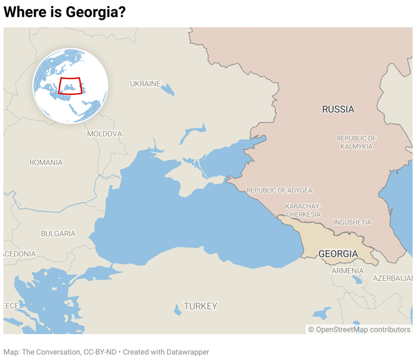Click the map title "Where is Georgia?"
pos(64,12)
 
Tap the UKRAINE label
pos(145,84)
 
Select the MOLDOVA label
pos(105,134)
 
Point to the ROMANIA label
pos(46,162)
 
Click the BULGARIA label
pos(58,234)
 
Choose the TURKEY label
pos(200,306)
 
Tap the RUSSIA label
pos(338,109)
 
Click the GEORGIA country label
pos(338,254)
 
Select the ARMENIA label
pos(347,271)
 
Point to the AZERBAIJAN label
pos(392,278)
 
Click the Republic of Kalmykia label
pos(356,142)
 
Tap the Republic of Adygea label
pos(279,191)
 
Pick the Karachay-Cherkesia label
pos(303,210)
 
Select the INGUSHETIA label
pos(352,222)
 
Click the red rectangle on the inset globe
pos(70,86)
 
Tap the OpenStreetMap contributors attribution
pos(359,329)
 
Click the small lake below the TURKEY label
pos(178,311)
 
